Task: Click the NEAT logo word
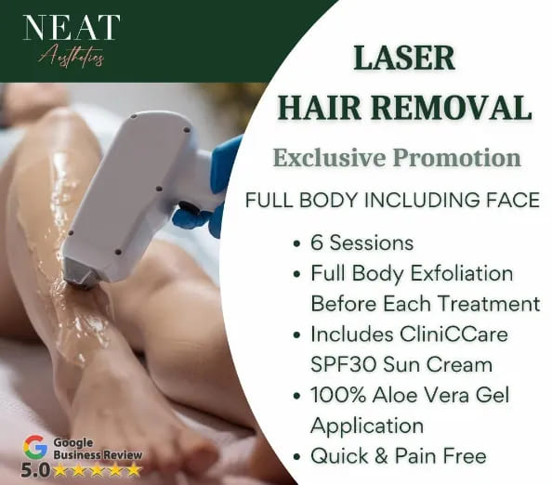coord(72,27)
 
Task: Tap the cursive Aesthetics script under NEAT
coord(72,57)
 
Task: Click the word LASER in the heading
coord(404,59)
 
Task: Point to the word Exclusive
coord(330,157)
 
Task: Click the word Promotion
coord(457,158)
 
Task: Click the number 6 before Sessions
coord(317,242)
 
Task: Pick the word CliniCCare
coord(453,334)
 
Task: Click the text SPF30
coord(344,364)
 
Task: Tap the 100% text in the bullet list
coord(338,395)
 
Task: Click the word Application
coord(367,426)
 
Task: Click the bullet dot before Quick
coord(297,457)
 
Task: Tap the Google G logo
coord(35,447)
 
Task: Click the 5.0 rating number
coord(35,470)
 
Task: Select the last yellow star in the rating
coord(135,470)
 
